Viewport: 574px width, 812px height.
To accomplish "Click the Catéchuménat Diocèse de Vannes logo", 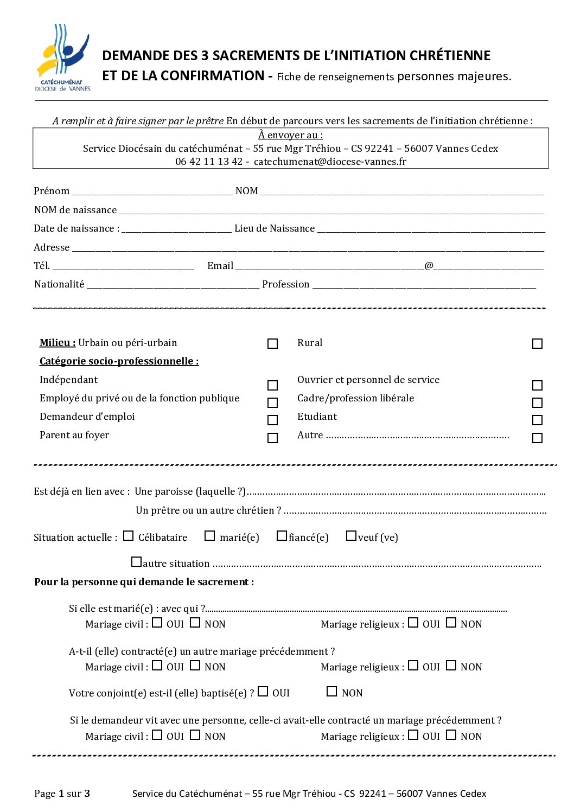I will (62, 57).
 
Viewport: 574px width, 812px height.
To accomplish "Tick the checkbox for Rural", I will (537, 344).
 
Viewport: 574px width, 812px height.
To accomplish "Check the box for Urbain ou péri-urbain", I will (272, 344).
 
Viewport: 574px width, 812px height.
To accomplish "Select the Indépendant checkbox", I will (272, 386).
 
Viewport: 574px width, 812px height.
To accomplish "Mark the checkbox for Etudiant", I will (537, 420).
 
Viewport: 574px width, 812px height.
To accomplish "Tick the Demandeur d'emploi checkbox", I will (272, 420).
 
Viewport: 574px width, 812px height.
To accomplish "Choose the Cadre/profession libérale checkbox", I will (537, 403).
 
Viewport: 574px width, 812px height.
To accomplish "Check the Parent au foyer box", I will (272, 438).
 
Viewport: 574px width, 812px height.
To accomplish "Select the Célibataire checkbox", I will (128, 536).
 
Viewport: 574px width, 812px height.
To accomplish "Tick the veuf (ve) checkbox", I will (351, 536).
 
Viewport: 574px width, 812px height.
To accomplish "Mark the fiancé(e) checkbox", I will (282, 536).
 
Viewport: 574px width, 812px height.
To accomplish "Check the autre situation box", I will (136, 562).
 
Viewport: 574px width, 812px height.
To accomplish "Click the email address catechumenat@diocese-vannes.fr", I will (330, 162).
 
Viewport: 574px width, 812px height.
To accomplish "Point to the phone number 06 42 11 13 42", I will (209, 162).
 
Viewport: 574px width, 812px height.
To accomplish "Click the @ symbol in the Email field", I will (429, 266).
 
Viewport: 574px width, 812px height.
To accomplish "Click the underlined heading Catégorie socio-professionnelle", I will (119, 361).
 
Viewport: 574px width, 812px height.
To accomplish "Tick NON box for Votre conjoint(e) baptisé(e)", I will (331, 692).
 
